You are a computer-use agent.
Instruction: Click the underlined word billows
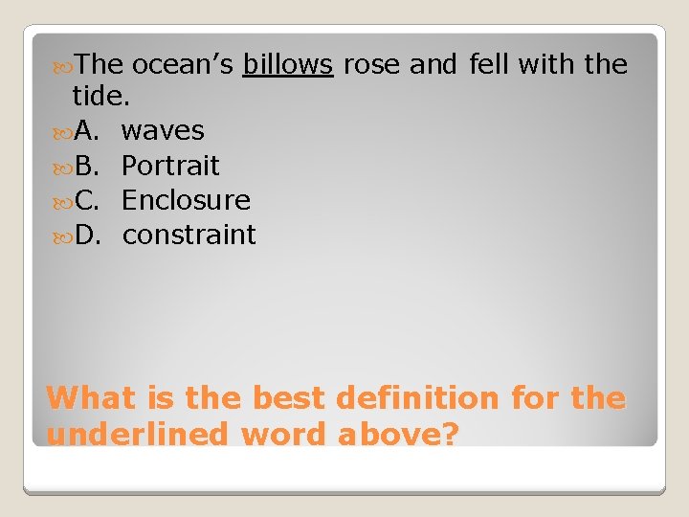coord(288,65)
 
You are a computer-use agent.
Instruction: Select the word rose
coord(371,65)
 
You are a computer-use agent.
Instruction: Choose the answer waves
coord(164,131)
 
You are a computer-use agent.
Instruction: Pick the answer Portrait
coord(170,166)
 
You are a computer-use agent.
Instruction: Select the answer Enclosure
coord(186,200)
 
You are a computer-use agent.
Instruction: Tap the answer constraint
coord(189,235)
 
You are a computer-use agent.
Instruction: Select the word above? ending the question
coord(398,435)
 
